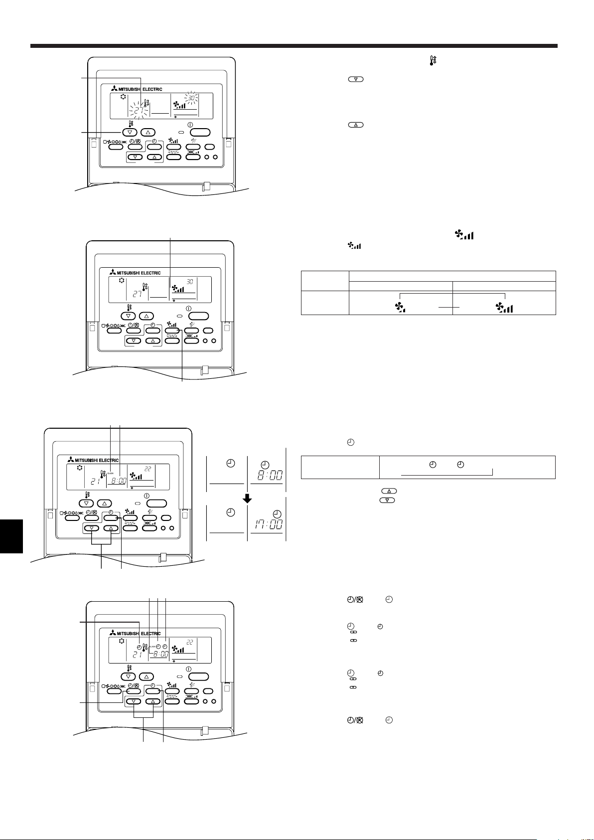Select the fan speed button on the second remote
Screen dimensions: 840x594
click(x=172, y=330)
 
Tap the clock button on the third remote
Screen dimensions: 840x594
click(x=111, y=516)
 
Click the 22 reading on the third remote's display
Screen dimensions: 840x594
click(x=148, y=469)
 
